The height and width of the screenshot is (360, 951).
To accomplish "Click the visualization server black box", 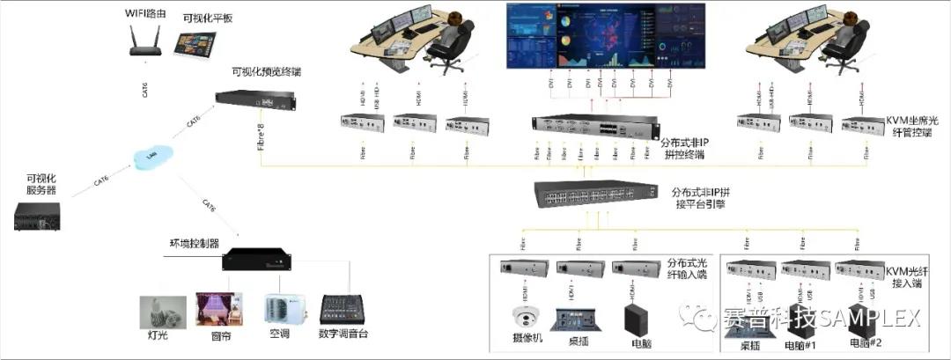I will click(38, 217).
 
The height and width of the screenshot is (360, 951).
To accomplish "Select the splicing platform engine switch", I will click(595, 194).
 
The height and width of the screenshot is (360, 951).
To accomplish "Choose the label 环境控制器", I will click(195, 242).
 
